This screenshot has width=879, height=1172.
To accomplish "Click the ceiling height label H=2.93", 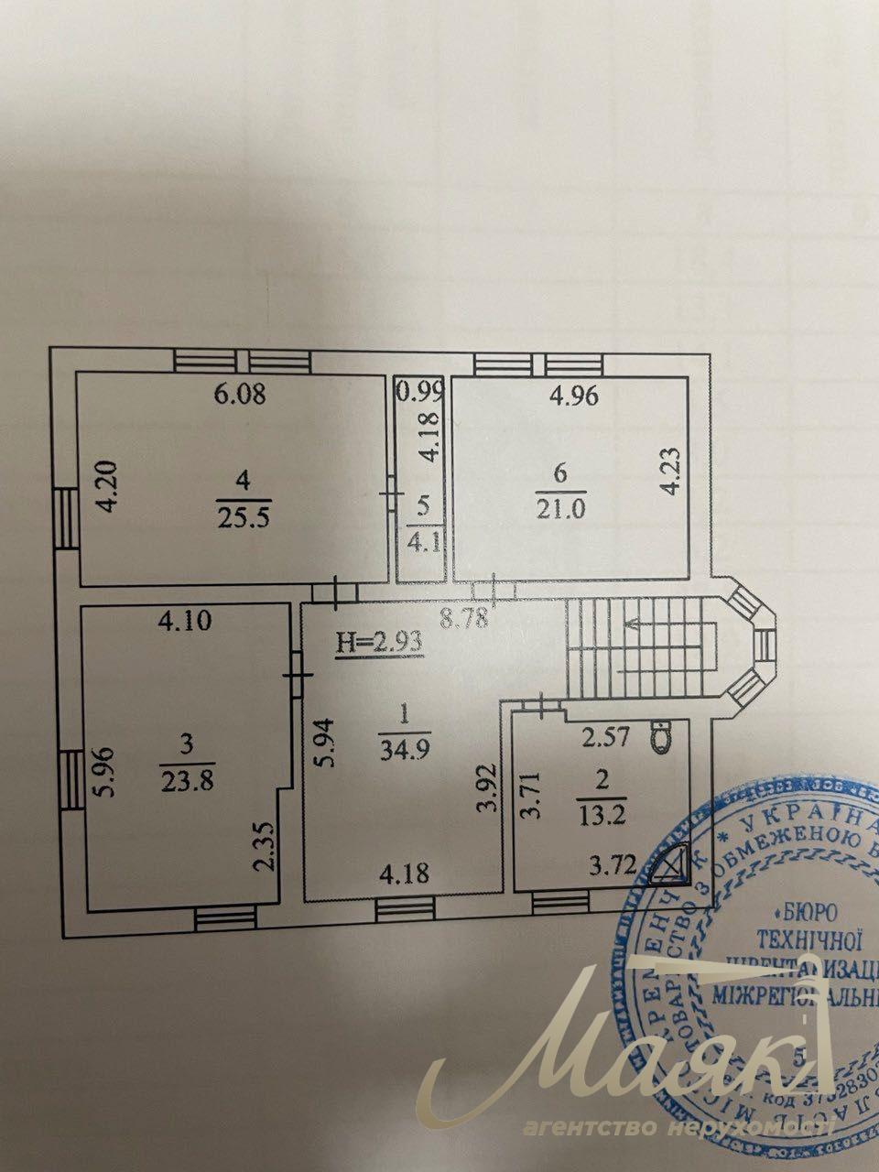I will [378, 642].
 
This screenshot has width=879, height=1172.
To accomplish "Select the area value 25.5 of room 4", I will [237, 518].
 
